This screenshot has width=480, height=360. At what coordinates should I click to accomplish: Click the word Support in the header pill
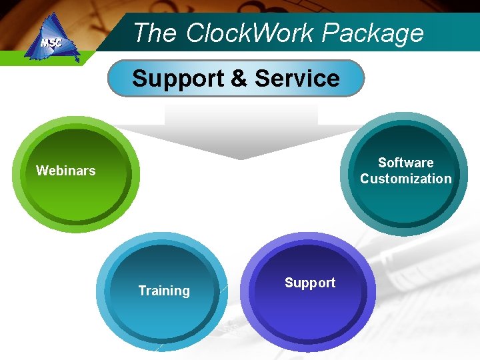tap(178, 79)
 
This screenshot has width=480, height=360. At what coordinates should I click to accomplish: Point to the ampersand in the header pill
tap(239, 79)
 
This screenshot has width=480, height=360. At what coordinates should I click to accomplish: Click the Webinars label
tap(65, 171)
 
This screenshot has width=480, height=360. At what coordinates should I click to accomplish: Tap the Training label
tap(164, 291)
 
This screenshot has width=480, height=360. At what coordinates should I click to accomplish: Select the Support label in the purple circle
tap(310, 283)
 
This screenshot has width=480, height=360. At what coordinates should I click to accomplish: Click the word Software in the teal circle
tap(405, 163)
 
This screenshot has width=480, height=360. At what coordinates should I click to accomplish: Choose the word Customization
tap(405, 179)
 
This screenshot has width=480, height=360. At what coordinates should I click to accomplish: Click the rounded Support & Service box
tap(236, 79)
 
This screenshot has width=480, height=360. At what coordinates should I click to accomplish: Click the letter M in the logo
tap(45, 43)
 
